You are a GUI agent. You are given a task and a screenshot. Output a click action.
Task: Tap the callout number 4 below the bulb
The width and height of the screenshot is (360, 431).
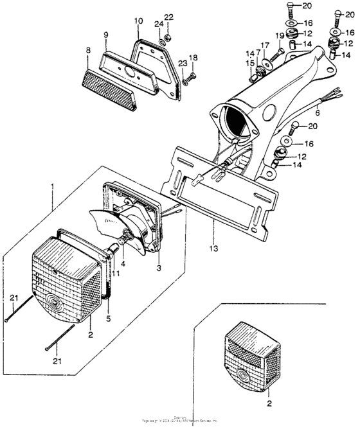[123, 263]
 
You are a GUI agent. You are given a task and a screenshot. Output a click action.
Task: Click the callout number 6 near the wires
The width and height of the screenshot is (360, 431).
[334, 112]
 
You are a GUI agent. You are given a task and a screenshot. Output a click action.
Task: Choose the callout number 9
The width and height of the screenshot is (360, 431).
[106, 33]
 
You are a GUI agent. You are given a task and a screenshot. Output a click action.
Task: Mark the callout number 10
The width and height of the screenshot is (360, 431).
[138, 21]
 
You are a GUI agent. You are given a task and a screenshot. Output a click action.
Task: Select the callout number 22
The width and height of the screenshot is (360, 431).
[168, 17]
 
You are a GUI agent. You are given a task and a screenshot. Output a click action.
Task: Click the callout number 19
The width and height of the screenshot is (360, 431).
[280, 37]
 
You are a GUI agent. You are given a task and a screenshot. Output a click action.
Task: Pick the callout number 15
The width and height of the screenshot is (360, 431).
[251, 62]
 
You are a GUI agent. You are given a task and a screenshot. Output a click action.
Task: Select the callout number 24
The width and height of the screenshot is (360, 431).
[157, 25]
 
